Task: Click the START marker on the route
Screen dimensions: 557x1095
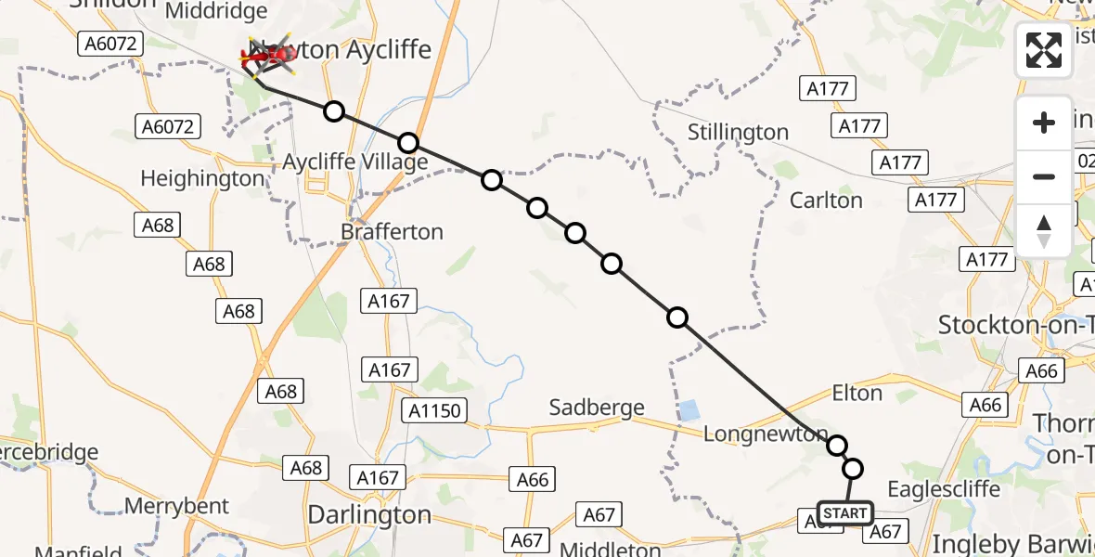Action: point(844,513)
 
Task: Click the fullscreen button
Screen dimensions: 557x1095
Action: point(1044,50)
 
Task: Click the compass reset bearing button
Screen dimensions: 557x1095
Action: point(1044,230)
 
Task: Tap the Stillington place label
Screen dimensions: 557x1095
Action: point(738,133)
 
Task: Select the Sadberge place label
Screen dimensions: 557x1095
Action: point(597,408)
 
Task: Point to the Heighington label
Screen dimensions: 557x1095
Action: point(202,178)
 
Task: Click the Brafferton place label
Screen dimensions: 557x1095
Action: point(392,231)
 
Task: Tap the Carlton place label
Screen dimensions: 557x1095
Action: point(826,200)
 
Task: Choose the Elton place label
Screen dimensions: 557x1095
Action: point(857,393)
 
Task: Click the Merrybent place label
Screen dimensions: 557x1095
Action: point(176,506)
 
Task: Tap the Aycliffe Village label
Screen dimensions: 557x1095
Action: point(354,162)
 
